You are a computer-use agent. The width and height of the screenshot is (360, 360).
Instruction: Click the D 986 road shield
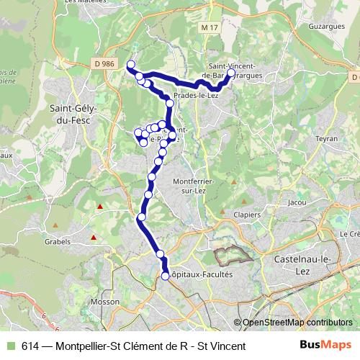pos(104,63)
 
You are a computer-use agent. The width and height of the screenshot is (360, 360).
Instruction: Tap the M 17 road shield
pos(210,27)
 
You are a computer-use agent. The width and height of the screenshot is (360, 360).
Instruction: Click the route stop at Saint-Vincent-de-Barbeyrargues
pos(231,73)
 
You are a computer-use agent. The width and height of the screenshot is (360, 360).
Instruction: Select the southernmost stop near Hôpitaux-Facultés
pos(165,276)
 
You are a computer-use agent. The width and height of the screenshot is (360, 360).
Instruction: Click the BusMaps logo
pos(326,346)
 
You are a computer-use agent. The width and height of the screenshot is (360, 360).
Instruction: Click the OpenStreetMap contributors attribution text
pos(298,323)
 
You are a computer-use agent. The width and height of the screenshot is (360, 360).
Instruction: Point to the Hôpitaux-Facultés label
pos(202,274)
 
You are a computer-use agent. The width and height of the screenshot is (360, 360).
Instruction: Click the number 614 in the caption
pos(30,346)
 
